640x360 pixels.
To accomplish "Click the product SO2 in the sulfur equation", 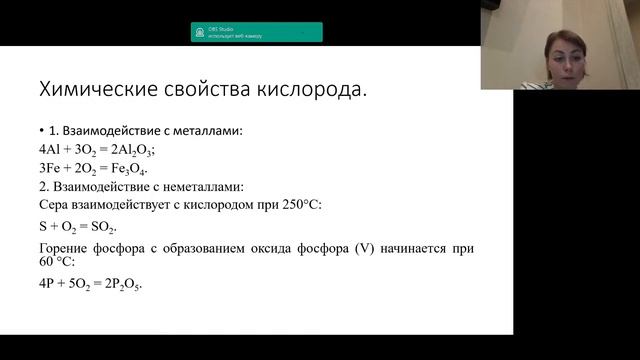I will pyautogui.click(x=104, y=227).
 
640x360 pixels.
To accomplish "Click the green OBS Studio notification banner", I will pyautogui.click(x=257, y=32).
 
